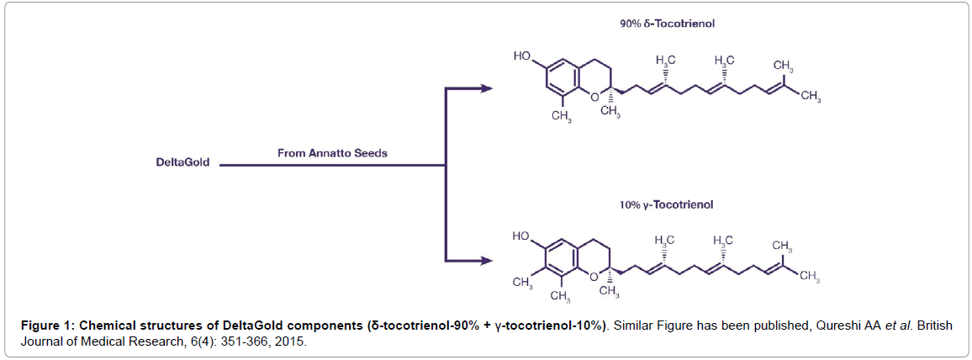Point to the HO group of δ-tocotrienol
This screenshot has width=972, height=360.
pos(522,56)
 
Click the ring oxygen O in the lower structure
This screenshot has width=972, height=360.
pos(594,277)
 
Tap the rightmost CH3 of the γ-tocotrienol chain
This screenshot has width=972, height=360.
pos(809,276)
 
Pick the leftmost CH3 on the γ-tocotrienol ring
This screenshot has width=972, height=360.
pos(522,283)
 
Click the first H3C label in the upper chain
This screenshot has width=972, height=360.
pos(666,60)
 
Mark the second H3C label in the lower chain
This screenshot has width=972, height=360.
pos(722,240)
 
